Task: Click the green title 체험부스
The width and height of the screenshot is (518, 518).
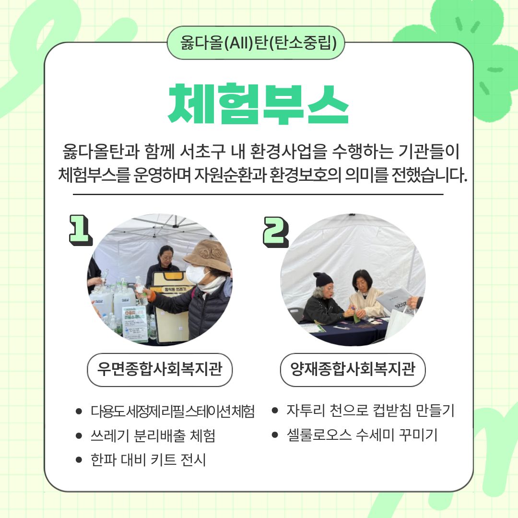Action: pos(259,104)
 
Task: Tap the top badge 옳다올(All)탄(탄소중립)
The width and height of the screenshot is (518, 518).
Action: pos(256,43)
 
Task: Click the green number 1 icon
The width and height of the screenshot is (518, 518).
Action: pos(80,230)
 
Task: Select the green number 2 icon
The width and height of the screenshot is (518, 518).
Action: pos(275,232)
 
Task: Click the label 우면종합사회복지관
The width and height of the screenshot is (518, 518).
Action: pos(160,369)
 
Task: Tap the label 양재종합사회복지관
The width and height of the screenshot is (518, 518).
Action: pos(353,369)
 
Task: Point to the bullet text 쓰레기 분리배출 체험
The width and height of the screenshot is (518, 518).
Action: pos(153,436)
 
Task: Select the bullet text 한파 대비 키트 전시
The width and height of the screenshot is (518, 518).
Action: pos(148,460)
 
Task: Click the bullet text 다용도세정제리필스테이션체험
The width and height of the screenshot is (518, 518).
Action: pos(173,412)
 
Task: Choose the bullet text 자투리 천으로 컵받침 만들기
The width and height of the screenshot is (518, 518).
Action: pos(370,410)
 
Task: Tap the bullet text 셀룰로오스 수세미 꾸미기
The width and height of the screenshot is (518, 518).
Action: pos(362,435)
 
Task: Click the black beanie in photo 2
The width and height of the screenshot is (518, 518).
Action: pos(322,280)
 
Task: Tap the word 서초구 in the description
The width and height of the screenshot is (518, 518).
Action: pos(202,151)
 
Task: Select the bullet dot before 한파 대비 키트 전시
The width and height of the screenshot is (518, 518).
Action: pos(79,460)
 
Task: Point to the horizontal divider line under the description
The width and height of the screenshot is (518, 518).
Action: pos(258,195)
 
